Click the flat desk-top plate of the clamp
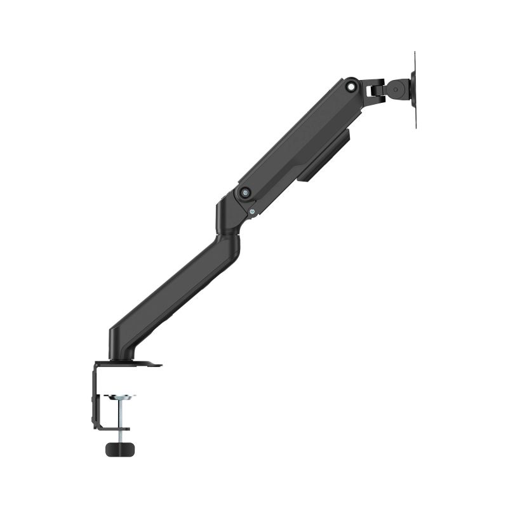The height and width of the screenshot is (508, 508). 127,364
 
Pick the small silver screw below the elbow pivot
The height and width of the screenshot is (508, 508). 253,212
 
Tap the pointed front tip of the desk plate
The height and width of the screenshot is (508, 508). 159,365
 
